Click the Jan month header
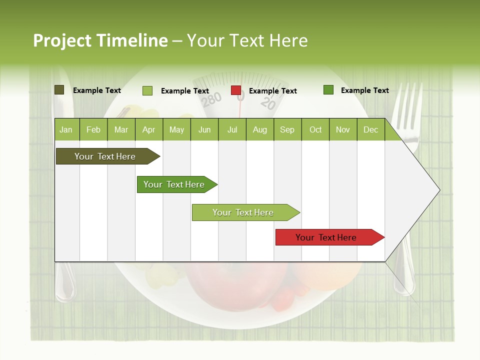click(66, 129)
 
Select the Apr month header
click(149, 129)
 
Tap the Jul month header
click(232, 129)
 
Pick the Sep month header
click(287, 129)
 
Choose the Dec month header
click(370, 129)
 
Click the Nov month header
click(343, 129)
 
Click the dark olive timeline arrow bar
click(105, 156)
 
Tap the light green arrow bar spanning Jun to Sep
click(243, 212)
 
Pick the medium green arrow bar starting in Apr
click(174, 184)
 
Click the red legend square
click(236, 90)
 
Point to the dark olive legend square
click(59, 90)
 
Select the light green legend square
click(147, 90)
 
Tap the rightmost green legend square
click(328, 90)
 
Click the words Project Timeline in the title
click(100, 40)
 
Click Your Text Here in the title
click(247, 40)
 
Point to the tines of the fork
click(409, 100)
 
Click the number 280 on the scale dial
click(211, 99)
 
